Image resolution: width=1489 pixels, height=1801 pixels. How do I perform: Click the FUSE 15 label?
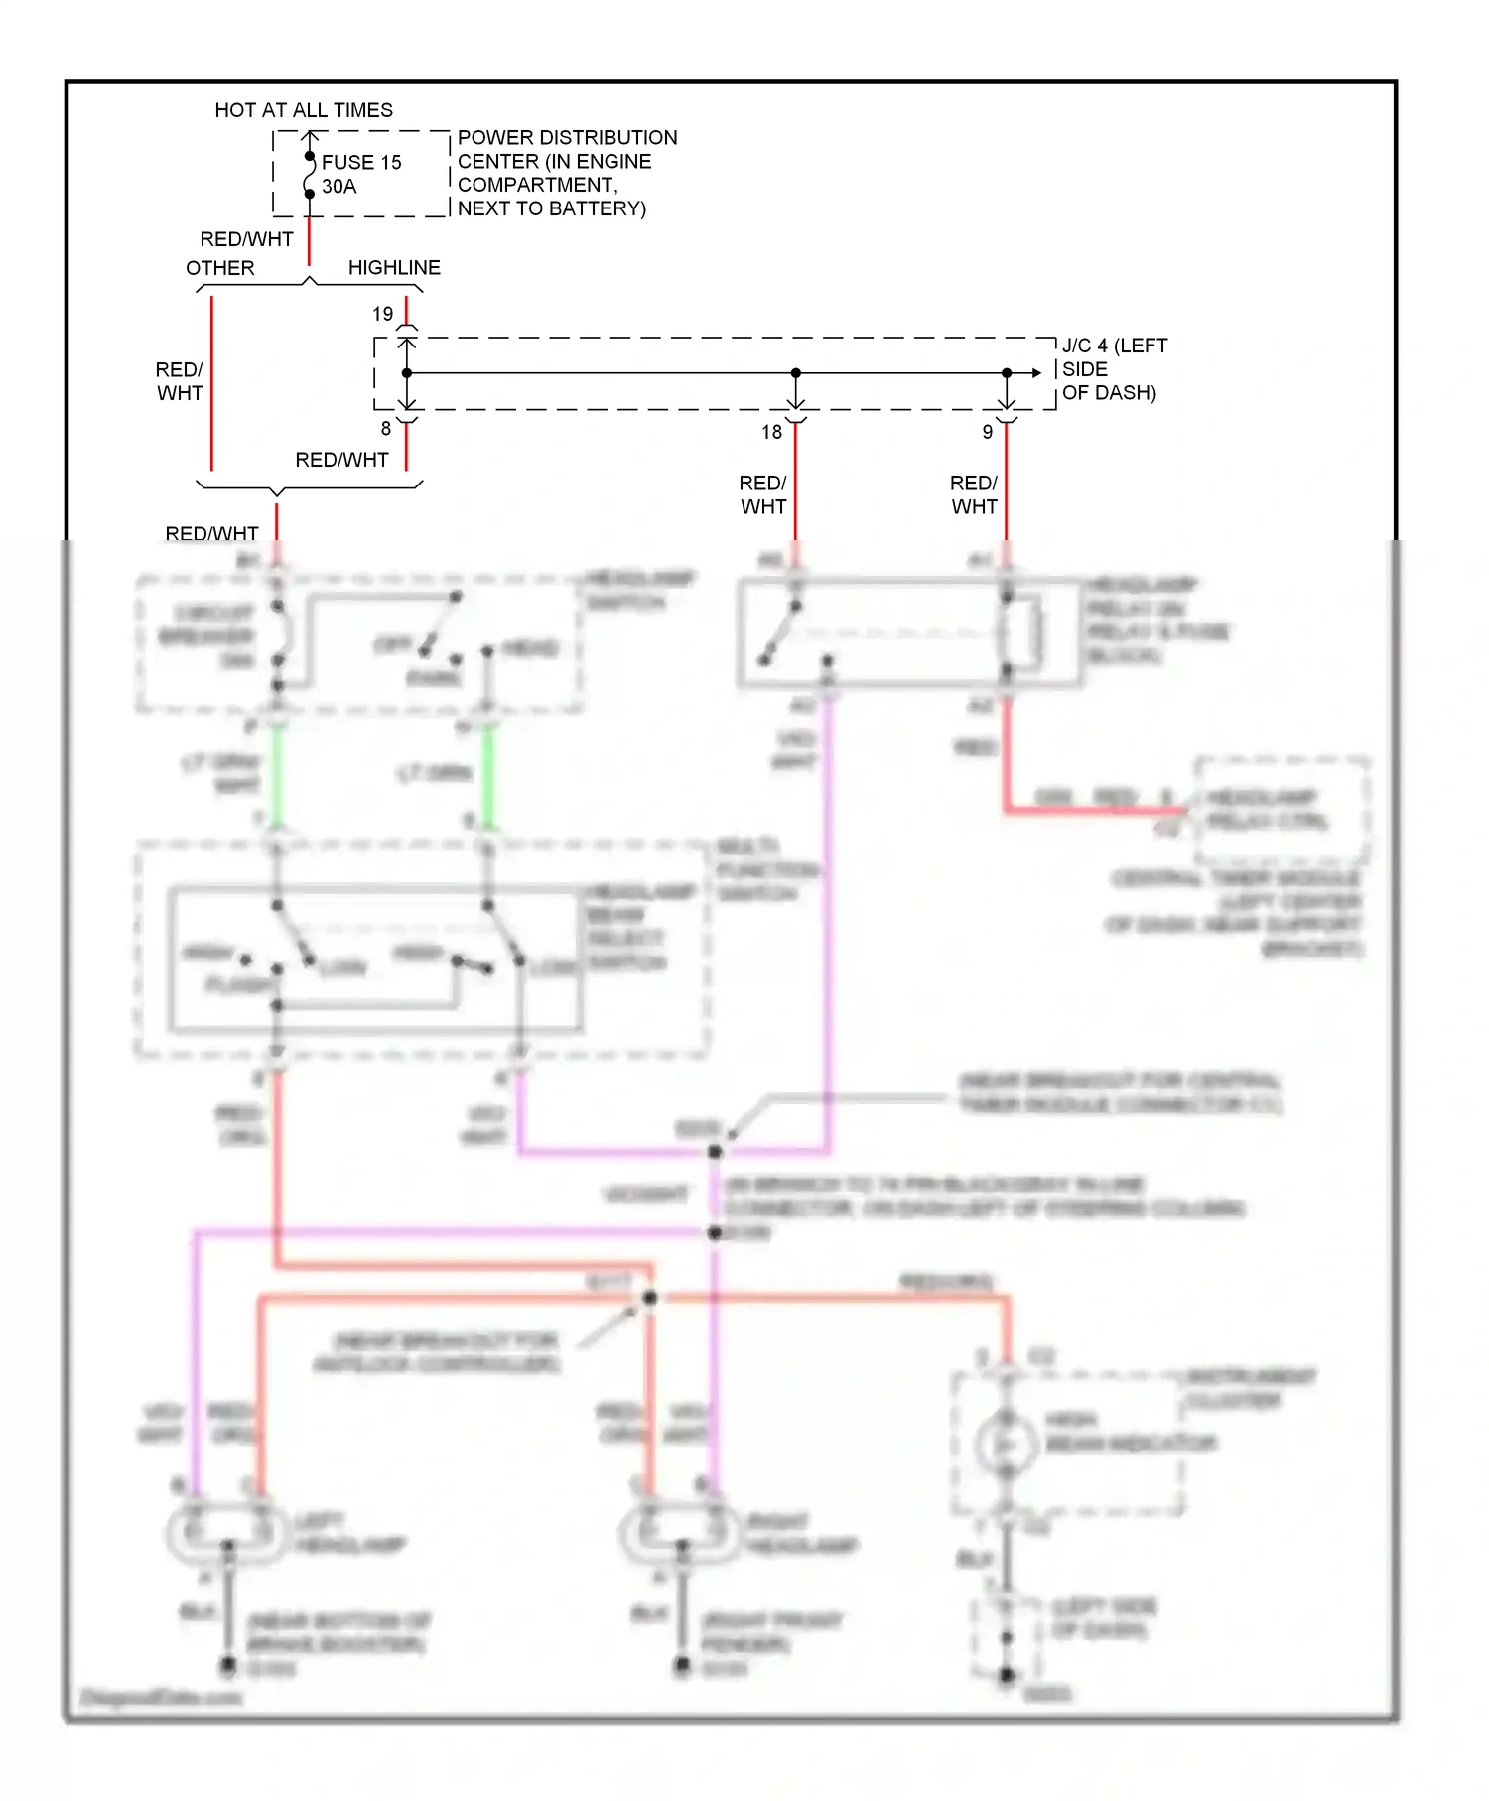(360, 162)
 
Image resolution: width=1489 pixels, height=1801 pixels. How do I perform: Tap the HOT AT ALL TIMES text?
(304, 110)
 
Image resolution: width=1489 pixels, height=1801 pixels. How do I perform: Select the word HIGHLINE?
(394, 268)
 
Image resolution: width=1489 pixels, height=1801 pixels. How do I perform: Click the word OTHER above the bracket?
(220, 268)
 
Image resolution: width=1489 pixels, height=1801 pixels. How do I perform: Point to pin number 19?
(383, 314)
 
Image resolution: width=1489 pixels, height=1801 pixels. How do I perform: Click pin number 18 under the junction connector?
(772, 432)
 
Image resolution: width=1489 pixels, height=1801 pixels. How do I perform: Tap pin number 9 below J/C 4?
(987, 432)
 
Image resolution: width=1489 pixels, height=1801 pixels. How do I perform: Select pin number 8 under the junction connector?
(386, 429)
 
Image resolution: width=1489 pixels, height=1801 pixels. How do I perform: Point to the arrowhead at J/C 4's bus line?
(1036, 373)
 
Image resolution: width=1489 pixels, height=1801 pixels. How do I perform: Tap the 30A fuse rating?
(338, 187)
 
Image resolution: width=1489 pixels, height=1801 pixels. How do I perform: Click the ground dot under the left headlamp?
(228, 1664)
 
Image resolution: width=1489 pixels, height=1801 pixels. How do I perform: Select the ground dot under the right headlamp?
(682, 1664)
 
